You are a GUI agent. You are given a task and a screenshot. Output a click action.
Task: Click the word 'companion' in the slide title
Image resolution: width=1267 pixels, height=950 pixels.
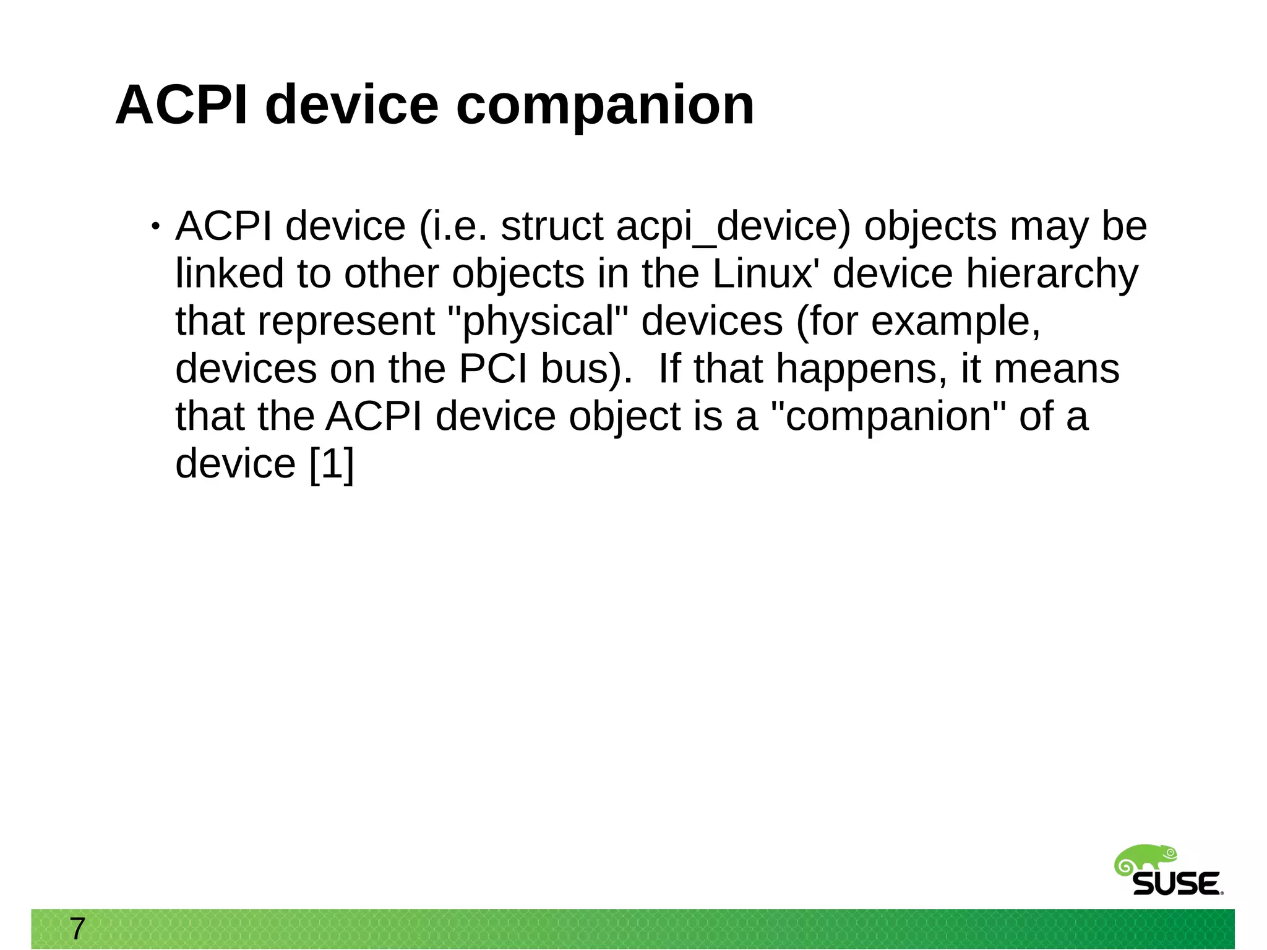(604, 105)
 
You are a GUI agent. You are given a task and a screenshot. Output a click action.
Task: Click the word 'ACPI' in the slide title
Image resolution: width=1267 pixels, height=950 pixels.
(181, 105)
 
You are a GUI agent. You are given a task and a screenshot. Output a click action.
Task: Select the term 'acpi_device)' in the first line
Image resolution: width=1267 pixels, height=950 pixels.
(733, 226)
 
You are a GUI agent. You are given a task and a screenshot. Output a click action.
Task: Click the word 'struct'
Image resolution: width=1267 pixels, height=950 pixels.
(552, 226)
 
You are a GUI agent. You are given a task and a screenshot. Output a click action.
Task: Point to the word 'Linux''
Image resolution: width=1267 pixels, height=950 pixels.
(765, 273)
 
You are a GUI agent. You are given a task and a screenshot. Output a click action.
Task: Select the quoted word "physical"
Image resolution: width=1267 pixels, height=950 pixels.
(538, 322)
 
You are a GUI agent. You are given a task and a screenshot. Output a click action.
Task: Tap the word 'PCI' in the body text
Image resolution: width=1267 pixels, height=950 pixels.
(493, 369)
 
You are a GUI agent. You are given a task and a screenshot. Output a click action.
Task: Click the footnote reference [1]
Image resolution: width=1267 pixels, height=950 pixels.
(332, 464)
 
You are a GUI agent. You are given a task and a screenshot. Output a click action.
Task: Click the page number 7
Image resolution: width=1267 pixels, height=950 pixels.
(77, 928)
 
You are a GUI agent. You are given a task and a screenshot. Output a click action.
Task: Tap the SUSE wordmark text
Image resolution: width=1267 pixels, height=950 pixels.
(1177, 884)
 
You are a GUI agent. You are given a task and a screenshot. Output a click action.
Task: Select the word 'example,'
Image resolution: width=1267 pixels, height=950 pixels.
(956, 322)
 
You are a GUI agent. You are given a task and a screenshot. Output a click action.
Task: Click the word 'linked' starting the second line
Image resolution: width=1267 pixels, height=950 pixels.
(229, 273)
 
